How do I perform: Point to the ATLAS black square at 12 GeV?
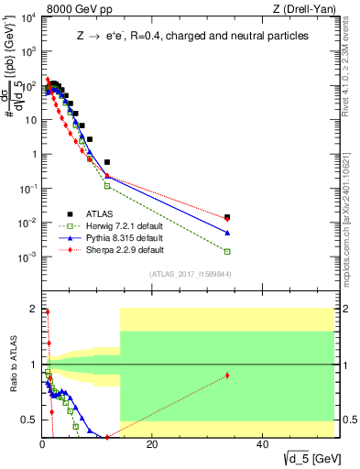(107, 162)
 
